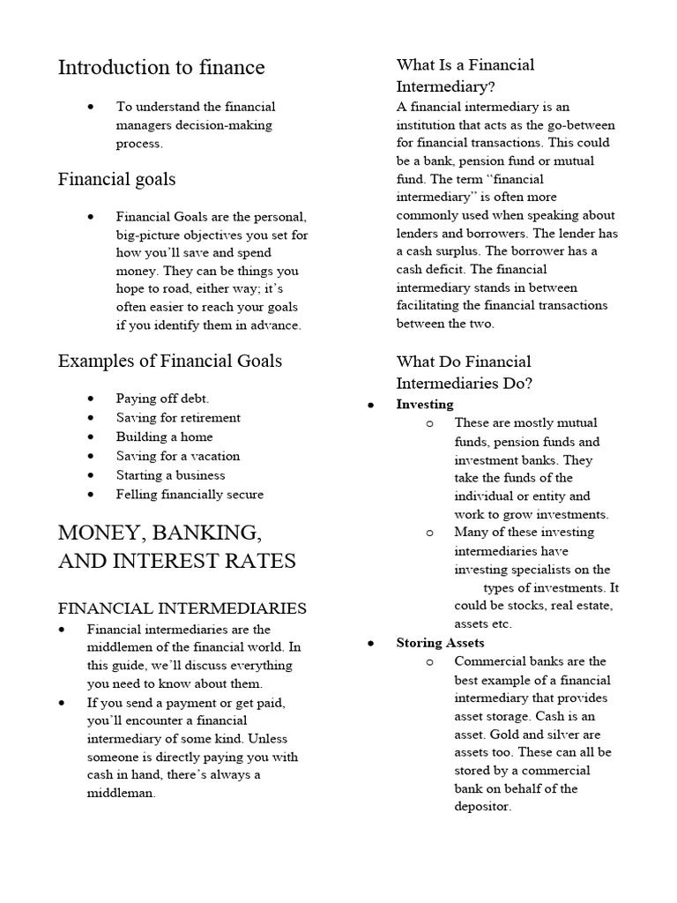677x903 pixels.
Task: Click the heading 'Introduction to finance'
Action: (x=161, y=68)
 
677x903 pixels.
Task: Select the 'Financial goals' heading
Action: (x=116, y=180)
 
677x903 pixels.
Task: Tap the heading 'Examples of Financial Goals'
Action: (x=170, y=361)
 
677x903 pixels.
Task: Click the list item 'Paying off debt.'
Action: (x=162, y=399)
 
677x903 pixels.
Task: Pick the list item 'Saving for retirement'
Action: (x=178, y=418)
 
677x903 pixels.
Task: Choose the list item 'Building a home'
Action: (x=164, y=437)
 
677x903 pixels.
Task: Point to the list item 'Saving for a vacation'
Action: (x=178, y=456)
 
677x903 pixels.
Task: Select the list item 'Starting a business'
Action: (x=171, y=475)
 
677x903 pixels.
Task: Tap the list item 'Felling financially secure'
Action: (x=190, y=495)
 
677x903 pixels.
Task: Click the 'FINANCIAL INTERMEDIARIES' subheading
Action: (x=182, y=608)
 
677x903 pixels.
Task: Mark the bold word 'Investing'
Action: (x=425, y=405)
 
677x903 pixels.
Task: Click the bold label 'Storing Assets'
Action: (x=440, y=643)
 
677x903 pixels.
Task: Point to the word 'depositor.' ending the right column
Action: (x=482, y=807)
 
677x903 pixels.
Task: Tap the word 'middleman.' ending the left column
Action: (x=121, y=793)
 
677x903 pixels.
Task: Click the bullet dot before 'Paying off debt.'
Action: (x=91, y=399)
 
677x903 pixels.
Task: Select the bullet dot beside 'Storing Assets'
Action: (x=371, y=644)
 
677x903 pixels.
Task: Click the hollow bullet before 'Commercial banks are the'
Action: (x=429, y=661)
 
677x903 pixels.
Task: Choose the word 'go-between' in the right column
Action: (x=583, y=125)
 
